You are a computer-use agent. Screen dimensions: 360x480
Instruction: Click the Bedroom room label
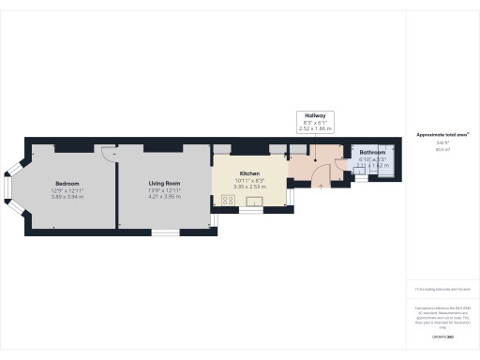pos(67,183)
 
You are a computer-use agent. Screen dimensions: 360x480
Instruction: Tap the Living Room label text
pos(164,183)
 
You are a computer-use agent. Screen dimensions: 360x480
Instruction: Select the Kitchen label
pos(249,173)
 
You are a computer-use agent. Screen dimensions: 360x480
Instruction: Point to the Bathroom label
pos(372,152)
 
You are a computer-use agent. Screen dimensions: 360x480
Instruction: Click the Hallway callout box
pos(315,121)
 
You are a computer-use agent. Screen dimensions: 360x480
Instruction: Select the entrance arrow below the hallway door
pos(324,184)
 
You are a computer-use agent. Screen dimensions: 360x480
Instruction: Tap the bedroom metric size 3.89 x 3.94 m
pos(67,197)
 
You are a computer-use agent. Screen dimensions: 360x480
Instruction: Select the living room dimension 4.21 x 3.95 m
pos(164,197)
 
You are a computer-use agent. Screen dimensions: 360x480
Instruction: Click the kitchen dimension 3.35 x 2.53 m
pos(249,187)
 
